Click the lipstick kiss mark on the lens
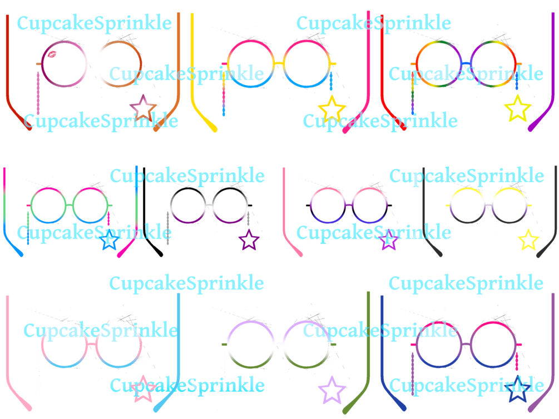(x=52, y=54)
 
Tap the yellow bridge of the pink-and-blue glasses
(x=279, y=64)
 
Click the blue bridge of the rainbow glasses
(x=466, y=64)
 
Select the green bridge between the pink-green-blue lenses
(x=69, y=205)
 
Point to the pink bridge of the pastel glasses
(x=91, y=345)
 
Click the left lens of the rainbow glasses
(x=417, y=64)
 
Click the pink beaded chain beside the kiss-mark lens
(x=38, y=93)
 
